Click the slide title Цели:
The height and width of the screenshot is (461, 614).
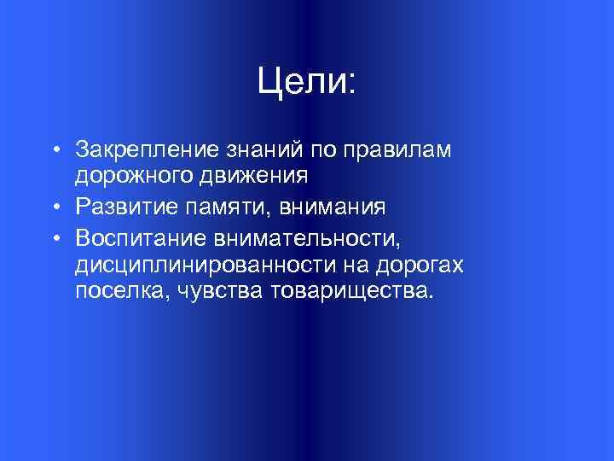click(306, 82)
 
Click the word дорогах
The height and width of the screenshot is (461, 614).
click(422, 265)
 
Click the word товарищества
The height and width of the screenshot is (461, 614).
click(351, 293)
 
